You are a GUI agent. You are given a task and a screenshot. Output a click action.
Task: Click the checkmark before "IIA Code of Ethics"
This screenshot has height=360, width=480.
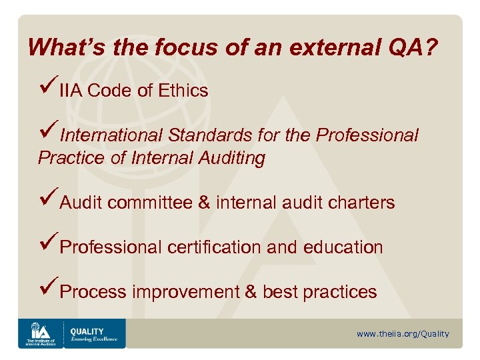click(49, 88)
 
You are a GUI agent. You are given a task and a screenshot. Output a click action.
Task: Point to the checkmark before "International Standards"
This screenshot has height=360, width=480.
click(49, 133)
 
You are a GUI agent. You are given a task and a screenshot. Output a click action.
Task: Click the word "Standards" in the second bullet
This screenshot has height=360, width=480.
click(209, 135)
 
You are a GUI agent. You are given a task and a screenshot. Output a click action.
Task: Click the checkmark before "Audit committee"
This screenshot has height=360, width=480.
click(49, 200)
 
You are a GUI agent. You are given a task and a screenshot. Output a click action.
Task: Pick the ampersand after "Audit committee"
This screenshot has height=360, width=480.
click(204, 203)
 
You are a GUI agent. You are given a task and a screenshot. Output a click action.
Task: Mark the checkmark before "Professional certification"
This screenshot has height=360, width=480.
click(49, 245)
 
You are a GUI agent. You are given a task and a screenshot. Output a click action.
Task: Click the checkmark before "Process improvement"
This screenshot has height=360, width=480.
click(49, 289)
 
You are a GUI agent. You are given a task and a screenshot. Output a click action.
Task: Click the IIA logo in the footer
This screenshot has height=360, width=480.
click(41, 333)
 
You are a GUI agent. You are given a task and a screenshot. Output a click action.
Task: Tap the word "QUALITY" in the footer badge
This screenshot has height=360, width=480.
click(87, 331)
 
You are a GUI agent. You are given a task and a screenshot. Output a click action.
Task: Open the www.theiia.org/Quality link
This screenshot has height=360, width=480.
click(403, 334)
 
